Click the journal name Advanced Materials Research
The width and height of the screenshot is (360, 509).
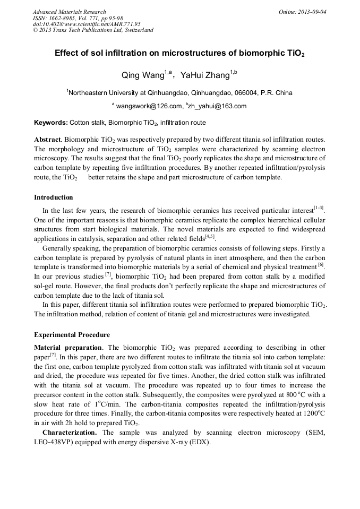pos(69,12)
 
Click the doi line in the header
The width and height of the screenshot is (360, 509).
pos(87,24)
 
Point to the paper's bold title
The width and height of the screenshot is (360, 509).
pos(179,54)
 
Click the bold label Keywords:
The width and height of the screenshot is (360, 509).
pos(51,123)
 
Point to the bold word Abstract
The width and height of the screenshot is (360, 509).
pos(47,139)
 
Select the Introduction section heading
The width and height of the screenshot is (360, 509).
pos(54,197)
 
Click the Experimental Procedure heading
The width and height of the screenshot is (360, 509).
pos(72,335)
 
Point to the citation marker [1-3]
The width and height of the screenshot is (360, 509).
pos(319,208)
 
